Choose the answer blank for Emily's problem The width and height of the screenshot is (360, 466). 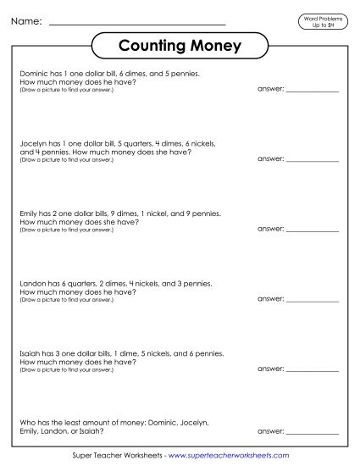pyautogui.click(x=313, y=229)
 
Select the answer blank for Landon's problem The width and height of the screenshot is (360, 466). pyautogui.click(x=313, y=298)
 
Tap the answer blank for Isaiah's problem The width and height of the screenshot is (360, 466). pyautogui.click(x=313, y=368)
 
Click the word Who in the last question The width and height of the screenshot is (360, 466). pyautogui.click(x=25, y=421)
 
